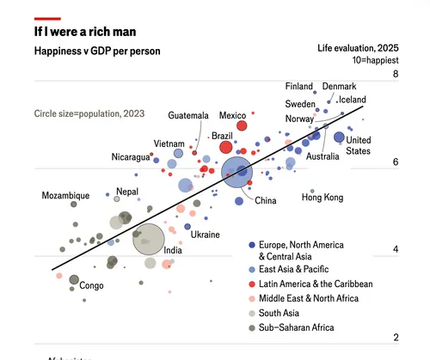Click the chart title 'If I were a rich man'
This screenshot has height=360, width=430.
click(87, 32)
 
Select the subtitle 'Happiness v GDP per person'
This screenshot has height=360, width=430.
click(96, 52)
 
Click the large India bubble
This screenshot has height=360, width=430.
click(149, 240)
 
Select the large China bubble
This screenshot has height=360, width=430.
click(238, 172)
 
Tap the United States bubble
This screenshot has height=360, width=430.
click(339, 137)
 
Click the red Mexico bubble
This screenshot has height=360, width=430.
click(241, 127)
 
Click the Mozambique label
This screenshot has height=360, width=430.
click(65, 196)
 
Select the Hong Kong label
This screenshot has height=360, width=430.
click(322, 198)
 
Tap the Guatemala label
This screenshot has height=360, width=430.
click(188, 115)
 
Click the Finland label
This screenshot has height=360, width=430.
click(299, 87)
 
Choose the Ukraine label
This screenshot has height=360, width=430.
click(205, 235)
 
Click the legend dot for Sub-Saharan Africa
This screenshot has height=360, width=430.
click(250, 327)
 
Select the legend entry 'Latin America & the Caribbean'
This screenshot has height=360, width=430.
click(316, 284)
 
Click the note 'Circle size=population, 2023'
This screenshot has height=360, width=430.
click(89, 113)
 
